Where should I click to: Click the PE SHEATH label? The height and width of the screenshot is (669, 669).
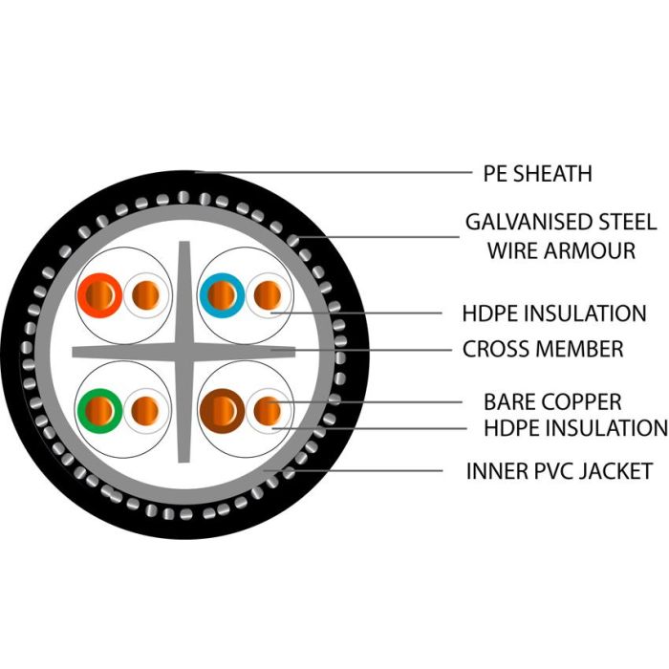(537, 174)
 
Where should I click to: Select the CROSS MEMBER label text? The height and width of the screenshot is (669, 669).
(543, 349)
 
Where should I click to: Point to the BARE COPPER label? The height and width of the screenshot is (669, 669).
(552, 402)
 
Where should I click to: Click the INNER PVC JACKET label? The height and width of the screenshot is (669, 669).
(559, 471)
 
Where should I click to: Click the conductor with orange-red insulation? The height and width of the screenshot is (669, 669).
(99, 295)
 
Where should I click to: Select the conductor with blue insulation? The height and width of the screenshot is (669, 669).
(222, 295)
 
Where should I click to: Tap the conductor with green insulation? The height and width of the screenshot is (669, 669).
(99, 411)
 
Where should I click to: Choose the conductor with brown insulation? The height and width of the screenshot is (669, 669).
(222, 411)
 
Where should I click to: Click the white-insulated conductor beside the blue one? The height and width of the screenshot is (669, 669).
(269, 295)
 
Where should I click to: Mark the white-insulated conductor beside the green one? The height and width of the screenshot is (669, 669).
(146, 411)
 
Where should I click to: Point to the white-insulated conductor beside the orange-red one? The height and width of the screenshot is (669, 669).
(146, 295)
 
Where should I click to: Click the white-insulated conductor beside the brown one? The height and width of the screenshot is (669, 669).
(269, 411)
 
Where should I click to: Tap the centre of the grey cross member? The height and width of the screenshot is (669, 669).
(184, 352)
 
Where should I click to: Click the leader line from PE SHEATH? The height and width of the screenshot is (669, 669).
(334, 173)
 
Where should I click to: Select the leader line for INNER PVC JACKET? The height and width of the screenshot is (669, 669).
(353, 471)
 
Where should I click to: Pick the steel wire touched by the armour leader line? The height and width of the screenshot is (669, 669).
(293, 240)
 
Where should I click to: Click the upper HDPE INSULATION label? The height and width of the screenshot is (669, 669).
(554, 313)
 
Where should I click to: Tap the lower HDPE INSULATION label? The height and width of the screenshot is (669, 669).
(575, 428)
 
